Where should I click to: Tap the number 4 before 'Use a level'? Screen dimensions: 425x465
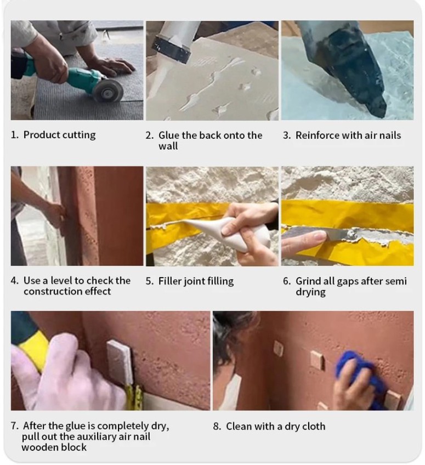(14, 281)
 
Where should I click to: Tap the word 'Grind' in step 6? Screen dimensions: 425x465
(308, 281)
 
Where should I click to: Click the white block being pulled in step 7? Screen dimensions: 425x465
(120, 362)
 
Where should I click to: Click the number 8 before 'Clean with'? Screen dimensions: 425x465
(217, 427)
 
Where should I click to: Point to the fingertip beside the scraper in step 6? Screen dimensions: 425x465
(318, 236)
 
